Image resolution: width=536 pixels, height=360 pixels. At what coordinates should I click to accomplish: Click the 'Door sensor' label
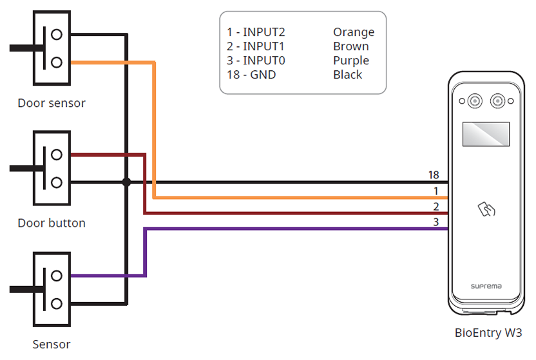click(52, 103)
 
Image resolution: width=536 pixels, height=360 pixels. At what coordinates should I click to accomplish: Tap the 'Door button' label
click(52, 223)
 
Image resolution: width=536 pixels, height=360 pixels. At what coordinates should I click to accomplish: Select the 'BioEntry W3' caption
click(488, 333)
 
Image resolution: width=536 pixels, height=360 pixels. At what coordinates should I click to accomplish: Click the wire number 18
click(434, 175)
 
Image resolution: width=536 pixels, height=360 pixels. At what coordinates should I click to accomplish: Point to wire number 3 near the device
click(436, 222)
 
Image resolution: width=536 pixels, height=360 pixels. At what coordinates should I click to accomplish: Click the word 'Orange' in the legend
click(354, 32)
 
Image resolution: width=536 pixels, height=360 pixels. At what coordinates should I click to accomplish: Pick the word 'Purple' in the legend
click(351, 61)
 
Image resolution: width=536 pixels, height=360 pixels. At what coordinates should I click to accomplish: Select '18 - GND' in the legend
click(251, 75)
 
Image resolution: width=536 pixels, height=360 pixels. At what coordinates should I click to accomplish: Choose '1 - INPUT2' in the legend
click(256, 32)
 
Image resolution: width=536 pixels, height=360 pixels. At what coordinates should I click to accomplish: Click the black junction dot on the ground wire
click(127, 182)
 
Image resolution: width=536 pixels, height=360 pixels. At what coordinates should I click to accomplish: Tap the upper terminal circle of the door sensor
click(57, 34)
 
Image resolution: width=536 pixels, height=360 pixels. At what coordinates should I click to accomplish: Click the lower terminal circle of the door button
click(57, 182)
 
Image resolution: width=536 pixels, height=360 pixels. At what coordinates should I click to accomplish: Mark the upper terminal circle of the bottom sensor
click(57, 276)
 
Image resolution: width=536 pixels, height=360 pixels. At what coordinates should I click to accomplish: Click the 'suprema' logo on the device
click(486, 286)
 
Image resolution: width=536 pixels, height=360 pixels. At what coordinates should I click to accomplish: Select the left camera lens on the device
click(475, 101)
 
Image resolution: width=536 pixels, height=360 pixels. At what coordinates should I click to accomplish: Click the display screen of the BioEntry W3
click(486, 134)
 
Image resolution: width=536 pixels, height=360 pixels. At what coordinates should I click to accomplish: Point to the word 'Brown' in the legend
click(351, 46)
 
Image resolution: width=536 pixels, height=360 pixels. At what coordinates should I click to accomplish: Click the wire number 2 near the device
click(436, 207)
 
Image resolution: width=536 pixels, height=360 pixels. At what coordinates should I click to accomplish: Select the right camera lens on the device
click(497, 101)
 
